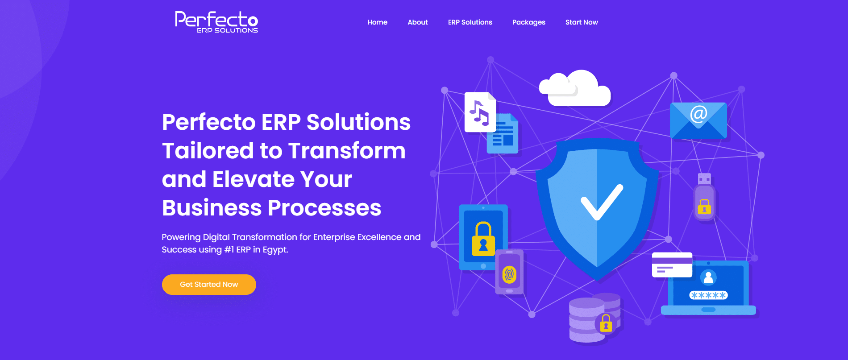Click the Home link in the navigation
coord(377,22)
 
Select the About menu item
coord(417,22)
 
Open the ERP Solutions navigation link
coord(470,22)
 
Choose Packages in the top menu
coord(528,22)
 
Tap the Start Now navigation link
coord(581,22)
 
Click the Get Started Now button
coord(209,285)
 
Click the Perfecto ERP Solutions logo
coord(216,22)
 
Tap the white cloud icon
coord(576,89)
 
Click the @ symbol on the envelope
coord(698,114)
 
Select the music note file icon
coord(479,112)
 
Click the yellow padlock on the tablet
coord(483,239)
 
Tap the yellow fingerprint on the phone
coord(509,274)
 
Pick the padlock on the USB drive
coord(704,207)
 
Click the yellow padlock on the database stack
coord(606,323)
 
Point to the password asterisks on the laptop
coord(708,295)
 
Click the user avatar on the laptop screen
coord(708,277)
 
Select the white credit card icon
coord(672,265)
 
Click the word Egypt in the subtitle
coord(275,250)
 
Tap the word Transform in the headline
coord(346,151)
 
